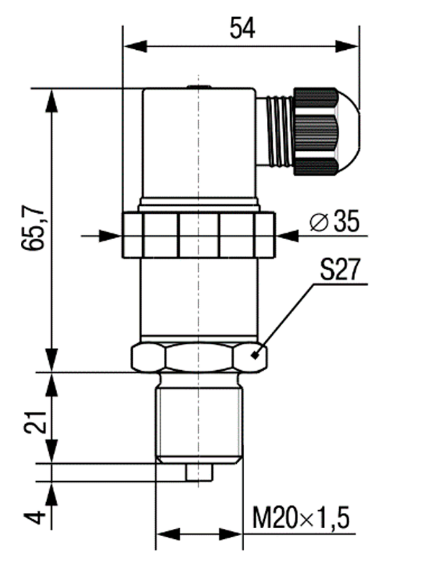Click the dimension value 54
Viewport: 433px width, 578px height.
pos(242,28)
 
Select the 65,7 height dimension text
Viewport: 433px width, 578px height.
pos(33,229)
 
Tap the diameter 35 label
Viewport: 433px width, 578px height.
pos(335,222)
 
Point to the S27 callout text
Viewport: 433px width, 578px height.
pos(339,269)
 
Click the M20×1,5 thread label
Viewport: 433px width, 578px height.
pos(301,518)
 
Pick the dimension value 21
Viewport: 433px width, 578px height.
pos(35,422)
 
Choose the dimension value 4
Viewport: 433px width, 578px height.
pos(35,517)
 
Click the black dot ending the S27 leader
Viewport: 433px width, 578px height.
pos(254,355)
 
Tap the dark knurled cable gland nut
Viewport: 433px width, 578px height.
pos(315,131)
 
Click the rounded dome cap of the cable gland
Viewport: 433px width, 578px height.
pos(349,131)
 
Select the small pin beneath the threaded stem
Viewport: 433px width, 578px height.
pos(199,473)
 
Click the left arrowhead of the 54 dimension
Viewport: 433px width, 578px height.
pos(136,46)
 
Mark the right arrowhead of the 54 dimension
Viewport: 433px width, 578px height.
pos(347,46)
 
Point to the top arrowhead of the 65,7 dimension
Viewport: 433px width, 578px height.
pos(51,100)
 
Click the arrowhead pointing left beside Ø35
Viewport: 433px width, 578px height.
pos(287,236)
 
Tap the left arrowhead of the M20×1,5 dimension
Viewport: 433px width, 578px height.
pos(168,534)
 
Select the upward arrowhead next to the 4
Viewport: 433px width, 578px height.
pos(51,494)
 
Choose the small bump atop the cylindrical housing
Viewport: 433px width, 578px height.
pos(199,87)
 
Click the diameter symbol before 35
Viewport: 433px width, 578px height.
pos(319,223)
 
